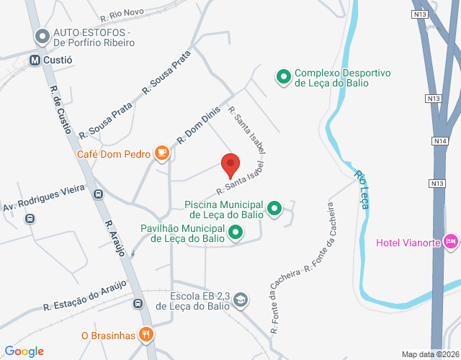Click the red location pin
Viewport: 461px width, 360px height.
click(x=230, y=165)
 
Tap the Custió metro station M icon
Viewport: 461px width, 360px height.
click(x=34, y=60)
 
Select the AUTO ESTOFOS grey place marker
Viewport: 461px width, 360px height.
click(x=42, y=35)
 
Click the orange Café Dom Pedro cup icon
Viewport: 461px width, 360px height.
click(x=162, y=153)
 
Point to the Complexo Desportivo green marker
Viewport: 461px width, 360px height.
click(x=284, y=76)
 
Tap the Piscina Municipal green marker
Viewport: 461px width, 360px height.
click(x=274, y=210)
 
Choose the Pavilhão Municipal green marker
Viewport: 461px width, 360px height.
click(x=236, y=233)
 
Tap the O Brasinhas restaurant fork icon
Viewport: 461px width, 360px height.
click(x=146, y=334)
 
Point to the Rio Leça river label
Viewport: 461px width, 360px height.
click(x=362, y=189)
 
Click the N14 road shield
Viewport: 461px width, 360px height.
click(x=441, y=140)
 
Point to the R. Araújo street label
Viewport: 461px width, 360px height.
click(x=115, y=238)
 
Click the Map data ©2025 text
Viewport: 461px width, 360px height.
click(x=430, y=354)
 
